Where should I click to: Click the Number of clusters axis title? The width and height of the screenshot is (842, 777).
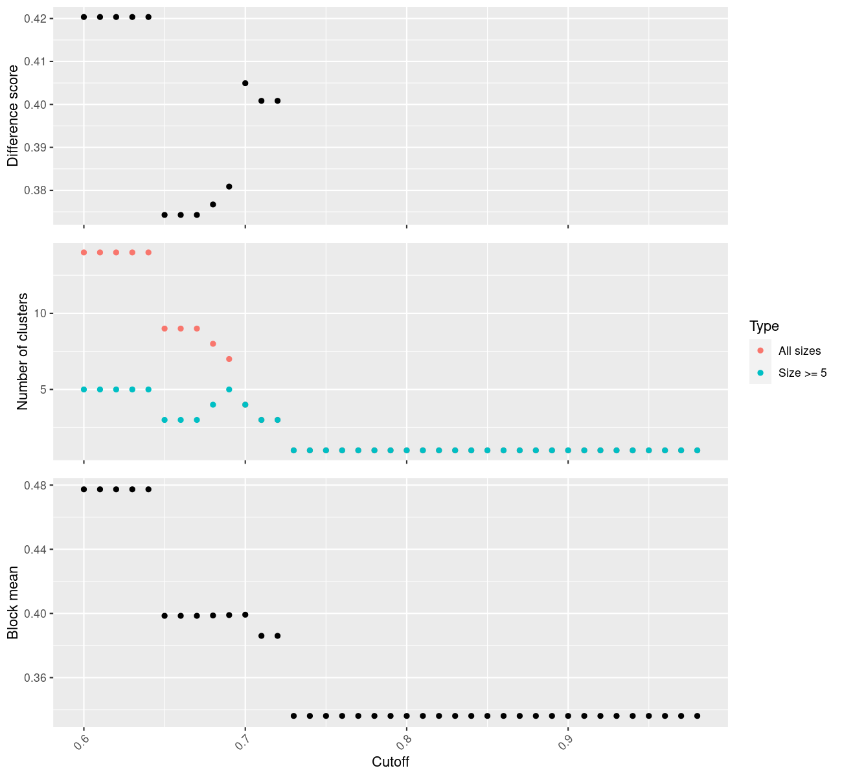(23, 351)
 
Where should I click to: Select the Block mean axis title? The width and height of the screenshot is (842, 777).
(13, 602)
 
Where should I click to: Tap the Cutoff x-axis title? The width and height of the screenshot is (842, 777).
(390, 761)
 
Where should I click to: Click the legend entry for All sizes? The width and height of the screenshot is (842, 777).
(799, 351)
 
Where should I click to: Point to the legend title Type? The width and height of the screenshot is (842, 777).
(764, 326)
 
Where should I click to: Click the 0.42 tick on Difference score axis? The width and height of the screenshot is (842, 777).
(35, 19)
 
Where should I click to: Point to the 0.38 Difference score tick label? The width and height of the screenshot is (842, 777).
(35, 191)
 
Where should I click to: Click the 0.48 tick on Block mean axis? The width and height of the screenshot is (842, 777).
(35, 486)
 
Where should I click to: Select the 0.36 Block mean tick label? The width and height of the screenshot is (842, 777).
(35, 678)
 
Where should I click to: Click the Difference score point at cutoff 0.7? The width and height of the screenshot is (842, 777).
(245, 83)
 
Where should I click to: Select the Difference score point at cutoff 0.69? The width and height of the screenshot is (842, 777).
(229, 186)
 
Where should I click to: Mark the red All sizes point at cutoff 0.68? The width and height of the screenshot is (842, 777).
(213, 344)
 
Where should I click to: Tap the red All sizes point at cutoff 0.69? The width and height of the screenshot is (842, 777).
(229, 359)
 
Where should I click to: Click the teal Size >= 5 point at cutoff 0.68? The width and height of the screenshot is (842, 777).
(213, 405)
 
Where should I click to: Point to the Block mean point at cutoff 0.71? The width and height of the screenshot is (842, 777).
(262, 636)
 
